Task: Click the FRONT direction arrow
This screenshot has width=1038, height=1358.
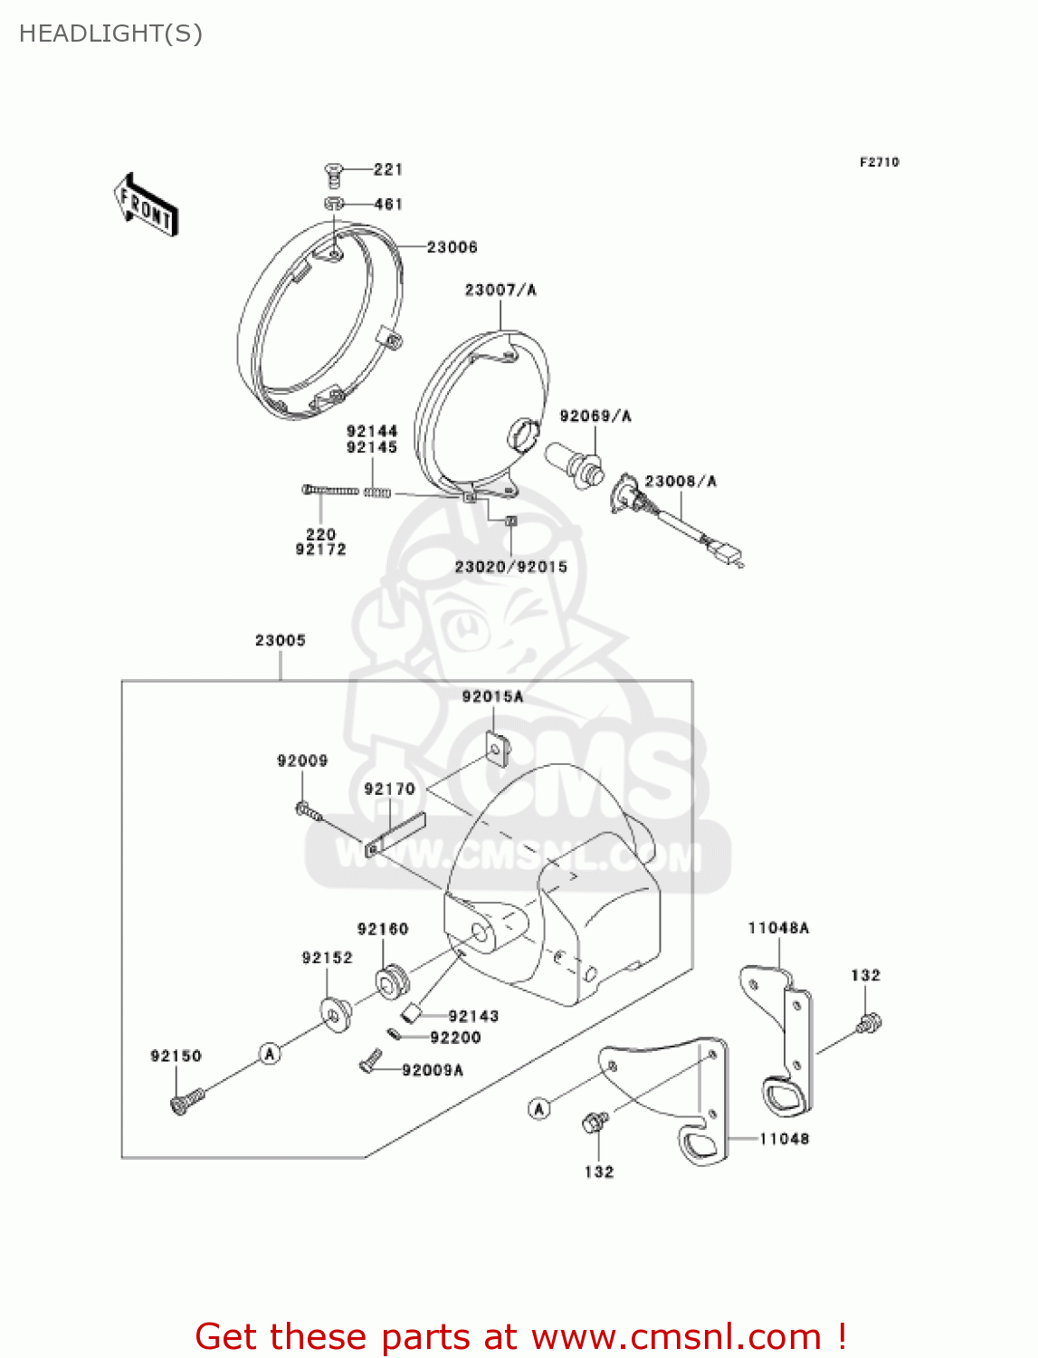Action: [145, 206]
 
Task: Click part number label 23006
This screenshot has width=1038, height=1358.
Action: [452, 247]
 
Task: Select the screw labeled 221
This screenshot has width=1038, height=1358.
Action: [334, 170]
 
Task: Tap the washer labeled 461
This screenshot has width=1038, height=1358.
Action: [334, 204]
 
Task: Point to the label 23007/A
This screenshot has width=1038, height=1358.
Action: [500, 290]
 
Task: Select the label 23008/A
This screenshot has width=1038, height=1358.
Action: [681, 481]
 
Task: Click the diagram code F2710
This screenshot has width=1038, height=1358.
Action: [879, 162]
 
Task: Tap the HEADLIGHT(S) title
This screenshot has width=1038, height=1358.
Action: [110, 33]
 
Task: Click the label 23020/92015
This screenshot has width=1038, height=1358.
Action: [511, 567]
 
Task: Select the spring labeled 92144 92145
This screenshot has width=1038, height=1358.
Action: [377, 493]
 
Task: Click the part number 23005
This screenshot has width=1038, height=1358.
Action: [281, 640]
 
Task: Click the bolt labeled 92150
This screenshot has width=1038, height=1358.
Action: [186, 1101]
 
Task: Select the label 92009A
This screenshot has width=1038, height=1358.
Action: [433, 1070]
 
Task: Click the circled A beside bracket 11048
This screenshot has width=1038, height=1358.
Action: [539, 1108]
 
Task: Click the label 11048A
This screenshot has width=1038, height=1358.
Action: [778, 928]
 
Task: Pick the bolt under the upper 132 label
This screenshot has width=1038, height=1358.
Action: [868, 1024]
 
